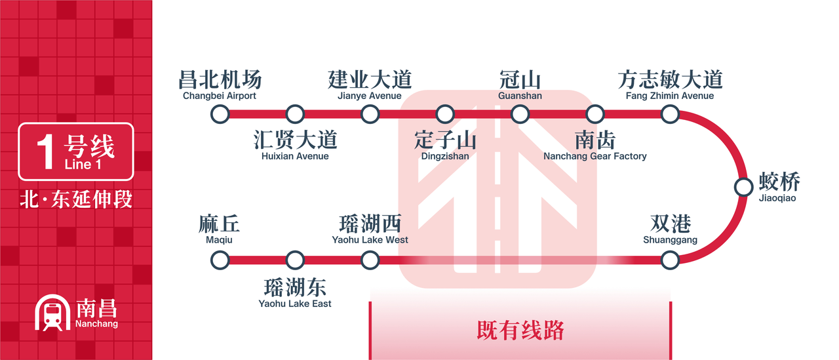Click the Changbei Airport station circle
[x=220, y=114]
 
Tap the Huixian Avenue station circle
[x=295, y=114]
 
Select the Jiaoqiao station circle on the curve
[x=743, y=187]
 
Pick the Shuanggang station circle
[x=670, y=260]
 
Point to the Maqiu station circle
[x=220, y=260]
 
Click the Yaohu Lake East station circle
[x=295, y=260]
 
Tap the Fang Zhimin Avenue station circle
[x=670, y=114]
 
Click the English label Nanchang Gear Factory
[x=595, y=156]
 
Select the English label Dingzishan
[x=445, y=156]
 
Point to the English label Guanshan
[x=520, y=96]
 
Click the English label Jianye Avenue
[x=370, y=96]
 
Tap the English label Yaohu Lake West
[x=370, y=239]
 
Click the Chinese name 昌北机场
[x=220, y=79]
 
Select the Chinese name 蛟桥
[x=779, y=182]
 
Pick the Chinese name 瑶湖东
[x=295, y=287]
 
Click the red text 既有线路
[x=520, y=330]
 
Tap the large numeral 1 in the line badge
[x=46, y=151]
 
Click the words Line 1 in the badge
[x=83, y=164]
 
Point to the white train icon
[x=52, y=312]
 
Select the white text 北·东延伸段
[x=76, y=199]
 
